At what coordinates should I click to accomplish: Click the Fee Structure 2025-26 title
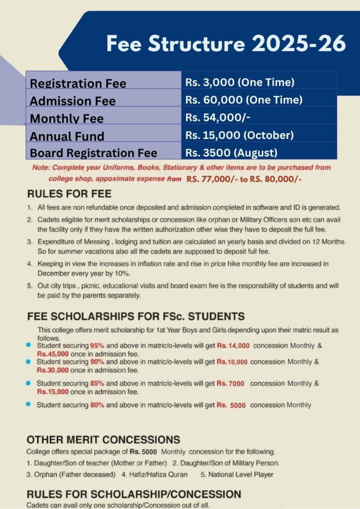pos(226,44)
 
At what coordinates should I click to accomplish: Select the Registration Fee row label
pos(78,84)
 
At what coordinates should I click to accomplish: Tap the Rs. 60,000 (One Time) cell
pos(244,100)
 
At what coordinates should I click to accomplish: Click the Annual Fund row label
pos(67,136)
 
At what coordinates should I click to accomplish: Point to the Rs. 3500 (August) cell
pos(231,153)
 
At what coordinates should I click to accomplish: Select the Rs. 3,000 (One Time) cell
pos(240,83)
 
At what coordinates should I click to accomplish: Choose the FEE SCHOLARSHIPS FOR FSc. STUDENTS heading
pos(135,316)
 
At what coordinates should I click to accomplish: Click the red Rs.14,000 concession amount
pos(233,345)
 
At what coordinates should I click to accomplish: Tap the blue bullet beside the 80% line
pos(29,404)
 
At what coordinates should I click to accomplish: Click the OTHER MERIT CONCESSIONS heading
pos(103,439)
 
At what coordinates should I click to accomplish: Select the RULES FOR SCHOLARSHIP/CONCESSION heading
pos(133,494)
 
